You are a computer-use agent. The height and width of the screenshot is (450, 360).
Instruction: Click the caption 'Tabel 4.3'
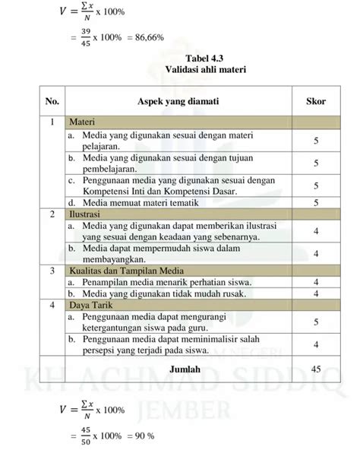(180, 57)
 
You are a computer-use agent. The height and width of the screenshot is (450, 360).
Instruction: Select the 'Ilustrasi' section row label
(86, 215)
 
